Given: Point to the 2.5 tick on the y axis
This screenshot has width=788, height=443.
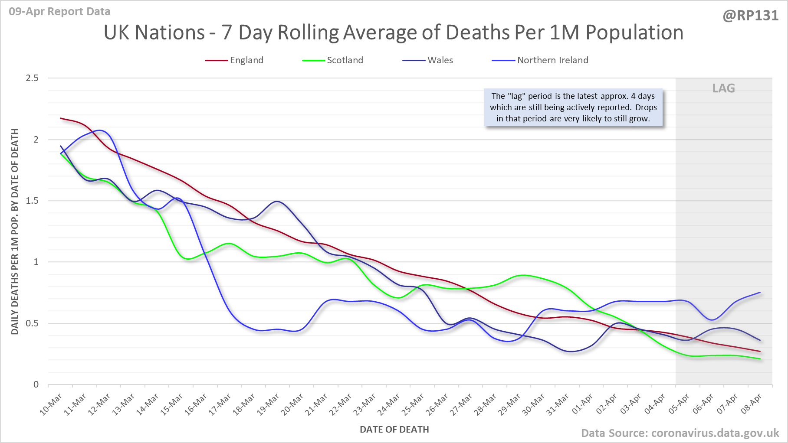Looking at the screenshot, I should pyautogui.click(x=32, y=78).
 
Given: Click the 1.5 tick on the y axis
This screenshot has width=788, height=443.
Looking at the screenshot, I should pyautogui.click(x=32, y=201).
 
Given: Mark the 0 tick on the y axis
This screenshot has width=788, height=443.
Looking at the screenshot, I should pyautogui.click(x=36, y=384).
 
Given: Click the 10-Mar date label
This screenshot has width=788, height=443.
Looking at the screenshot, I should pyautogui.click(x=51, y=405).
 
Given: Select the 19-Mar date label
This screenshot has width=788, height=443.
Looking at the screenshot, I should pyautogui.click(x=268, y=405).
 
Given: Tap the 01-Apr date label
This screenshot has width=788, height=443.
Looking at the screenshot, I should pyautogui.click(x=582, y=405).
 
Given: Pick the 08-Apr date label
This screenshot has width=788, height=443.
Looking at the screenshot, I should pyautogui.click(x=751, y=405).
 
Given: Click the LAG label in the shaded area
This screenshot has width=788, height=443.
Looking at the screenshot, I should pyautogui.click(x=723, y=88).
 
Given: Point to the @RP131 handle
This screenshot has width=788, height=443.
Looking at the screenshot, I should pyautogui.click(x=750, y=16).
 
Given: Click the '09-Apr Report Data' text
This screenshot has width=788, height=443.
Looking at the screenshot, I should pyautogui.click(x=59, y=12).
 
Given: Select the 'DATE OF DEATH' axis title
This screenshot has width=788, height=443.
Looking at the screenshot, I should pyautogui.click(x=394, y=430).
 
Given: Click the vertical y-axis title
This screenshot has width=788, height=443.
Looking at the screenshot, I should pyautogui.click(x=15, y=231).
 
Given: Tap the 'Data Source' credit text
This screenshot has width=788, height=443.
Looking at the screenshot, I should pyautogui.click(x=680, y=433).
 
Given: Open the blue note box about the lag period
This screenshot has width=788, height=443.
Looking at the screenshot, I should pyautogui.click(x=573, y=107).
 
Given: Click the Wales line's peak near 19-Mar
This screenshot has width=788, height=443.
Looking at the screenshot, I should pyautogui.click(x=277, y=202).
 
